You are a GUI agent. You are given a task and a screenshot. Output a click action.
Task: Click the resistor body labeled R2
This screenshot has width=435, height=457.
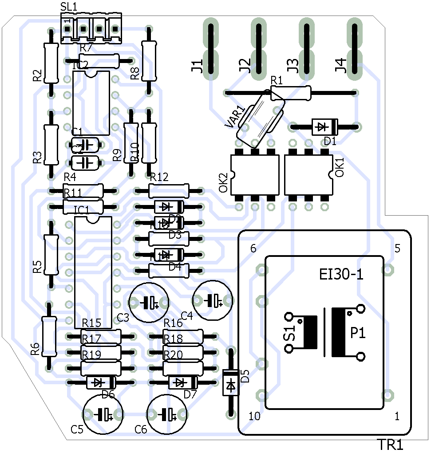click(x=51, y=63)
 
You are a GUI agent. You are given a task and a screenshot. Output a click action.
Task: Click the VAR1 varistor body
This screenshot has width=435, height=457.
click(x=261, y=119)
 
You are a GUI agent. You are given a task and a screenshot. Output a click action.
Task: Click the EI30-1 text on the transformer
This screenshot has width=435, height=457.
click(x=341, y=275)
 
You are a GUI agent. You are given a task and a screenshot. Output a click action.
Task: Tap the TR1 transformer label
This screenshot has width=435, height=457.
click(x=391, y=445)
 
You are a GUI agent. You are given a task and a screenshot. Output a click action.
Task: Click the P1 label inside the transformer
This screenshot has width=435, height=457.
click(x=358, y=333)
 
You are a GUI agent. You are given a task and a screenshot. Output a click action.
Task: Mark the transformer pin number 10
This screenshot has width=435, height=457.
click(x=254, y=416)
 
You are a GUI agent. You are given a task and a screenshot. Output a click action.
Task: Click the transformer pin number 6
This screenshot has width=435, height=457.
click(x=253, y=248)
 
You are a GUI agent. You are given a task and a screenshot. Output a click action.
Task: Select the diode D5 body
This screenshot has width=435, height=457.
click(x=230, y=382)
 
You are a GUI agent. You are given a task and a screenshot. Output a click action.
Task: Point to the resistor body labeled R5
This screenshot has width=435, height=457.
click(x=51, y=255)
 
